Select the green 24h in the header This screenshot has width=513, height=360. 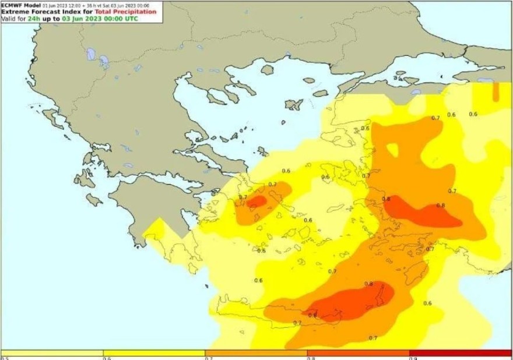click(x=33, y=18)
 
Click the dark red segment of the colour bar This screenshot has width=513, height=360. click(x=460, y=353)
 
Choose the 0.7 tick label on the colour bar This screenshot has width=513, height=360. click(x=208, y=358)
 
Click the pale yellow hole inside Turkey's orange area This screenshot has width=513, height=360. click(x=392, y=150)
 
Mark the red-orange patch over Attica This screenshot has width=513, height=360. click(x=256, y=201)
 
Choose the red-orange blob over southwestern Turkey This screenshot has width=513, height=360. click(x=423, y=213)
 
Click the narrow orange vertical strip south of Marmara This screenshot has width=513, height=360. click(x=496, y=91)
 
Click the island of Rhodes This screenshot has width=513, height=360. click(x=416, y=270)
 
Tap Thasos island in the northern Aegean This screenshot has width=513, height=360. click(x=267, y=70)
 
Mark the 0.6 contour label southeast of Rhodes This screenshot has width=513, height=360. click(x=427, y=303)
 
